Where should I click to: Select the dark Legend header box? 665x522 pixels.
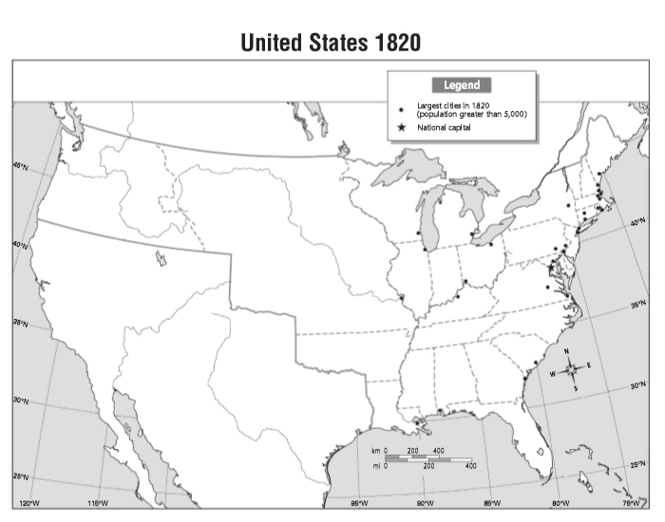click(x=462, y=85)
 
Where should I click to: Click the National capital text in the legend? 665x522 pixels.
click(x=446, y=126)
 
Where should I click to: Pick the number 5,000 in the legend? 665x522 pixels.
click(x=514, y=114)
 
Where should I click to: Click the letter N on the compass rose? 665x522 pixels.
click(x=567, y=352)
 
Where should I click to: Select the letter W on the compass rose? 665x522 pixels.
click(x=553, y=374)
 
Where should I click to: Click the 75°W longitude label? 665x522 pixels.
click(x=630, y=502)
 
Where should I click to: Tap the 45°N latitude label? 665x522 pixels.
click(x=20, y=165)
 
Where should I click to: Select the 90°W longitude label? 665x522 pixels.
click(x=425, y=502)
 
